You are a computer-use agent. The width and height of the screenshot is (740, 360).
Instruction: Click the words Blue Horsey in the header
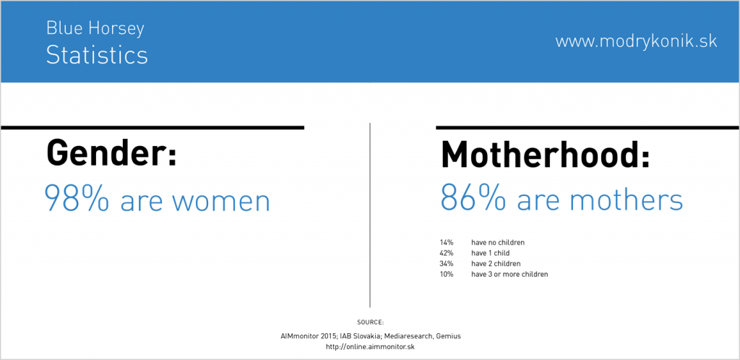95,29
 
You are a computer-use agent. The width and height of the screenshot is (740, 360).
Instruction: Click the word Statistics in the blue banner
97,55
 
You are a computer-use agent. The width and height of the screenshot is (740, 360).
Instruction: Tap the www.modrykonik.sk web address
636,41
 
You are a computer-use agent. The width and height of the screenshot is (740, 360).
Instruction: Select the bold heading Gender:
111,152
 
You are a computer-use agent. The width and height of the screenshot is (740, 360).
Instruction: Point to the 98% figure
77,198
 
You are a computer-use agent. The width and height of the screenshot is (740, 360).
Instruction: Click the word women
220,201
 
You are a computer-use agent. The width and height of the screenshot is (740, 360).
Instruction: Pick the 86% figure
473,198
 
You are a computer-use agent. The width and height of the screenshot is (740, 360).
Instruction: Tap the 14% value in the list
446,242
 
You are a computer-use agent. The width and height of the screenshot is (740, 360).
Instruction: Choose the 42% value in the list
446,253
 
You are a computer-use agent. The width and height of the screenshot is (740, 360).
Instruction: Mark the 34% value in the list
446,263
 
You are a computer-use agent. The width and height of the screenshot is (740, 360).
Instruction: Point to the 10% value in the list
446,274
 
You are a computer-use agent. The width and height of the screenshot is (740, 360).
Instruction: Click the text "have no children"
498,242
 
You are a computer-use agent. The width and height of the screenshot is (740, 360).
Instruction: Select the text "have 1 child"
491,253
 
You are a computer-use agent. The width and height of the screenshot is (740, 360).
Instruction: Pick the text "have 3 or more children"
509,274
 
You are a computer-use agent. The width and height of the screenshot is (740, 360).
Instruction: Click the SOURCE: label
371,322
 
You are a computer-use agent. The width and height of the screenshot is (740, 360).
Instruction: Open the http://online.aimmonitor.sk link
370,347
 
